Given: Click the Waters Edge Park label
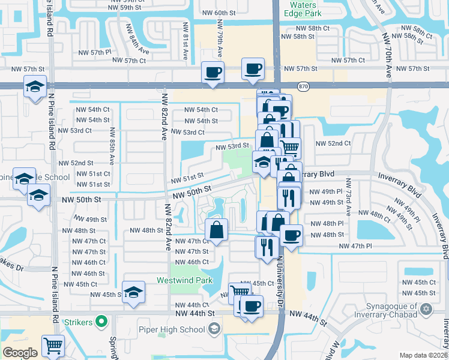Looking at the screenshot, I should [x=301, y=9].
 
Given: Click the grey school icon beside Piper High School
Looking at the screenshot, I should [x=214, y=328].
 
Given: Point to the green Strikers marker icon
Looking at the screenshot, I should [x=102, y=322].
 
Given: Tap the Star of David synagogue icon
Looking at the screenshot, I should [x=426, y=310].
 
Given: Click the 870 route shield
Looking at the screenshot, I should [x=305, y=86].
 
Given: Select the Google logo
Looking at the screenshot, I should [x=20, y=352].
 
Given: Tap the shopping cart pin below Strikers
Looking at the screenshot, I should [x=53, y=346].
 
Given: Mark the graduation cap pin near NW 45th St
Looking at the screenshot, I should [x=133, y=292].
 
